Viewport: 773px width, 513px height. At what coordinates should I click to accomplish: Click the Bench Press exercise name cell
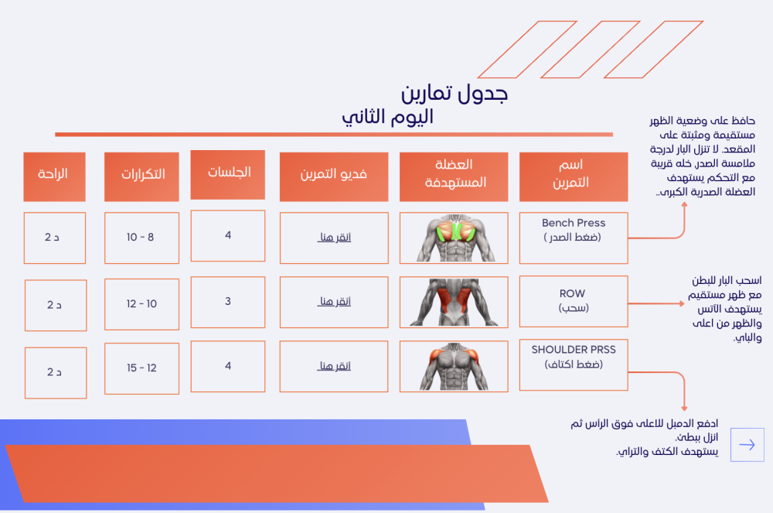click(x=574, y=238)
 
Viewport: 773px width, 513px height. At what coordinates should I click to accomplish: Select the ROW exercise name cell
click(x=574, y=302)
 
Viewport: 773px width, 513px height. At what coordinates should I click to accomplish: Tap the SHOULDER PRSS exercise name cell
click(x=574, y=365)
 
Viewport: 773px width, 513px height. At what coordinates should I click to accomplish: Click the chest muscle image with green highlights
click(x=454, y=238)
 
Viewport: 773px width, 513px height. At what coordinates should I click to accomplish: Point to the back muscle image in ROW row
click(x=454, y=302)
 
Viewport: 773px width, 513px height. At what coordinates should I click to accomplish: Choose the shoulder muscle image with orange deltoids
click(x=454, y=367)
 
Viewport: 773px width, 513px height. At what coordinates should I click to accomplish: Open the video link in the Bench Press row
click(x=334, y=238)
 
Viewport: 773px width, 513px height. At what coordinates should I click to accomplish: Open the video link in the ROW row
click(x=334, y=302)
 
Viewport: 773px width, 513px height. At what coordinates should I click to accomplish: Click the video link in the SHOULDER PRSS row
click(x=334, y=366)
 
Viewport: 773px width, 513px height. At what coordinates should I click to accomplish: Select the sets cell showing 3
click(x=228, y=302)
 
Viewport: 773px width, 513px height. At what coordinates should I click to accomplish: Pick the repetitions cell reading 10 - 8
click(x=141, y=238)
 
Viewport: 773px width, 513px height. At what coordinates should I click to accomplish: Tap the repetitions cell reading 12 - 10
click(x=141, y=304)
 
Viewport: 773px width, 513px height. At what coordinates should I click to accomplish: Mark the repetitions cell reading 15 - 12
click(x=141, y=368)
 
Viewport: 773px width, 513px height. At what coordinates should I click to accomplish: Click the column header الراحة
click(x=54, y=176)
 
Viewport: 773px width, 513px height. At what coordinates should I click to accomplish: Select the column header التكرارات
click(x=141, y=176)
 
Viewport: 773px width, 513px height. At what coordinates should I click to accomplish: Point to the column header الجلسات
click(x=228, y=175)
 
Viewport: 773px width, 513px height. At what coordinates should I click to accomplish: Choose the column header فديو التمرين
click(x=334, y=176)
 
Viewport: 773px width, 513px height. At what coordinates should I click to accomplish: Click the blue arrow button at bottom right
click(x=747, y=445)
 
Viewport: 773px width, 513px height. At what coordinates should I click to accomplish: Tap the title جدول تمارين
click(x=454, y=93)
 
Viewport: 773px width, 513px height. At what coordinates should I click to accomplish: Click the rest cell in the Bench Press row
click(x=55, y=238)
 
